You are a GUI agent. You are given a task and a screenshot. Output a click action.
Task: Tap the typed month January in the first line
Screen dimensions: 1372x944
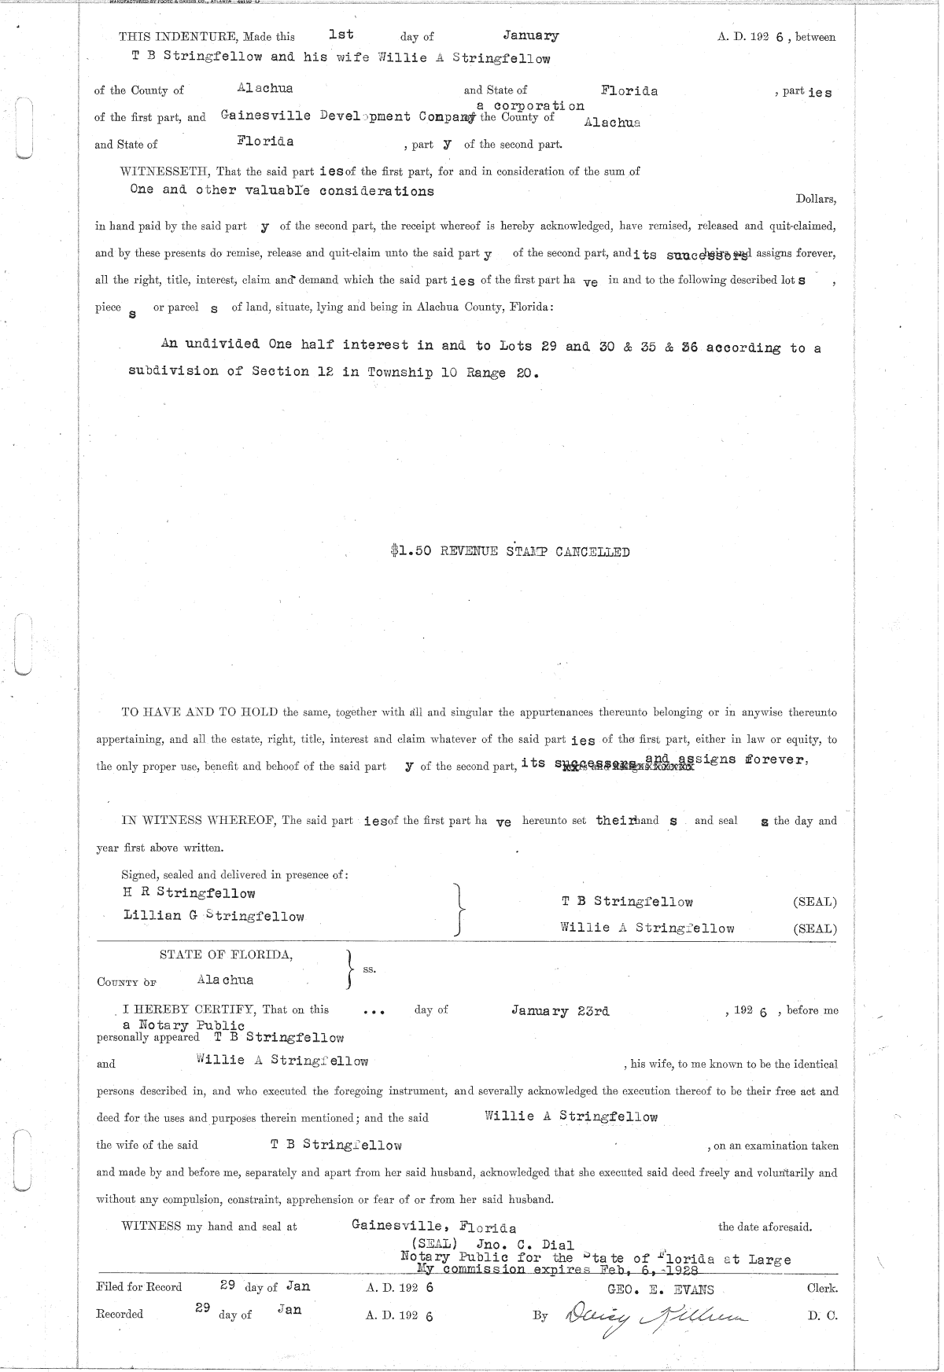coord(531,35)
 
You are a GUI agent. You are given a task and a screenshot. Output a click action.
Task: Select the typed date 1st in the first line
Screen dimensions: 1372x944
coord(341,35)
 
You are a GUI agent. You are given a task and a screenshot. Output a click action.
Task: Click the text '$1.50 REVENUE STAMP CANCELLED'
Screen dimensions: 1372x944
coord(509,551)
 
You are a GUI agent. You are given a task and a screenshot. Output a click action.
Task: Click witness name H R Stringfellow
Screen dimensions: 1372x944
coord(190,893)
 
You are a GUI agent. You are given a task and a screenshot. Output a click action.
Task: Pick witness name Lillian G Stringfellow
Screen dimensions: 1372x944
coord(214,916)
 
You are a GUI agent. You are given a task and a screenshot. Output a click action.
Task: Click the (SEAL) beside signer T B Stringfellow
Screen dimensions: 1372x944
coord(814,902)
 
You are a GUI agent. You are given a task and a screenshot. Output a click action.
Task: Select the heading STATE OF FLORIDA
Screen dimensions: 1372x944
coord(226,955)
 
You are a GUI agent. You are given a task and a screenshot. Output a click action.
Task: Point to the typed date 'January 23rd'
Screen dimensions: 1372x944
coord(560,1011)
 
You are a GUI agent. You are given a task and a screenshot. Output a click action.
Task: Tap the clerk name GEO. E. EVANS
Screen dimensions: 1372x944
coord(661,1289)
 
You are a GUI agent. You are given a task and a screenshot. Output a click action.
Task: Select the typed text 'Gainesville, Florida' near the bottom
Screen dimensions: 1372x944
coord(433,1227)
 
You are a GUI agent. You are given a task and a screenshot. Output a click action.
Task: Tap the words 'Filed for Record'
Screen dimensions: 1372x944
coord(138,1287)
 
